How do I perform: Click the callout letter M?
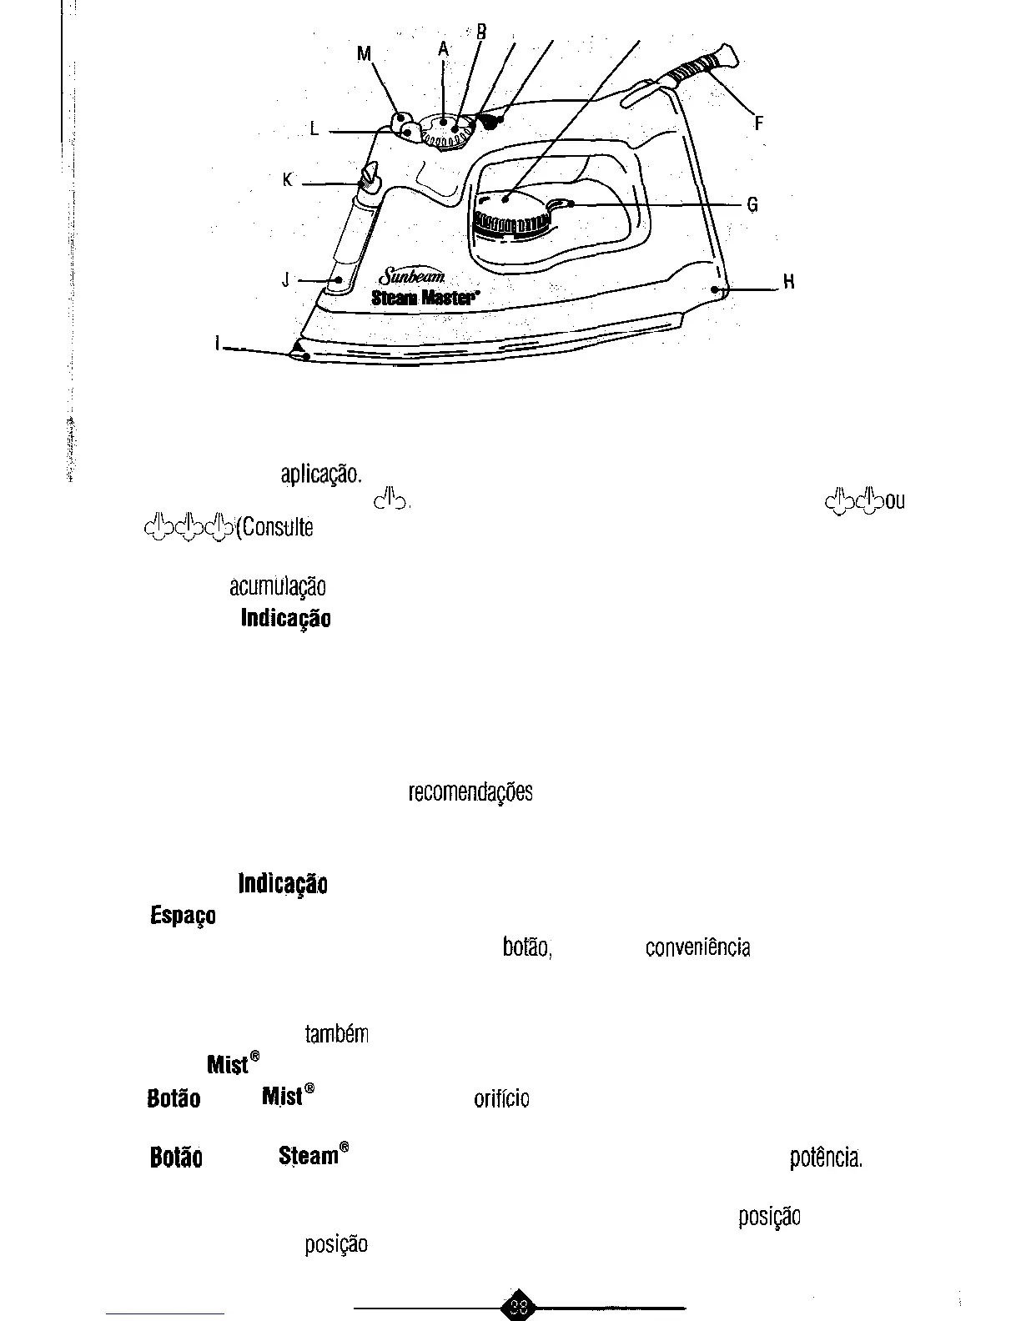[364, 54]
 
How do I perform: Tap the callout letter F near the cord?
[758, 123]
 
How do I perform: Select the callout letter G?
[752, 204]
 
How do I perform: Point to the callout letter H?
[788, 282]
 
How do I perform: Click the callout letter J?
[285, 279]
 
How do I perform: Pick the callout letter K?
[287, 180]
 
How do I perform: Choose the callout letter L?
[314, 129]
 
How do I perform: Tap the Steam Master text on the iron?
[425, 297]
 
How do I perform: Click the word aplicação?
[321, 475]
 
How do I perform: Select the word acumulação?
[277, 587]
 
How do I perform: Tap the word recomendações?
[470, 792]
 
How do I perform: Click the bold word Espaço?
[183, 916]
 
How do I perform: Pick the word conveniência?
[697, 948]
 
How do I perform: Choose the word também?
[336, 1035]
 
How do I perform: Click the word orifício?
[501, 1099]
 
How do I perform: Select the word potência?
[826, 1159]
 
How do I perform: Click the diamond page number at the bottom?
[518, 1307]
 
